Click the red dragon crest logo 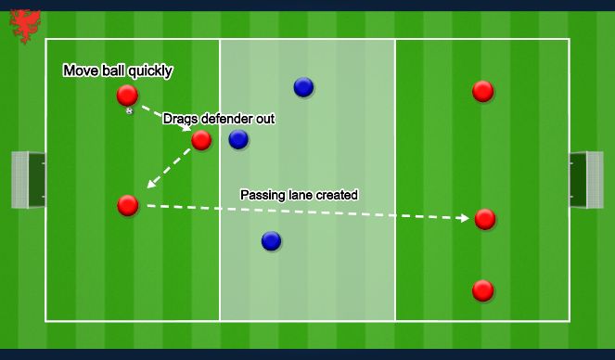(25, 26)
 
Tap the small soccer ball (129, 111)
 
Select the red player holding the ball (127, 95)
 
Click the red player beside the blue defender (201, 140)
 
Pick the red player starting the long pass (128, 205)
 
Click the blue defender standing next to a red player (238, 139)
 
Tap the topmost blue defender (303, 87)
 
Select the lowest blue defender (271, 241)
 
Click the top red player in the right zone (482, 91)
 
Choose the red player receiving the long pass (485, 219)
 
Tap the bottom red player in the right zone (482, 290)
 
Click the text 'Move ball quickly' (117, 71)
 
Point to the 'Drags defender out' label (218, 119)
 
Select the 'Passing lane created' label (299, 195)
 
